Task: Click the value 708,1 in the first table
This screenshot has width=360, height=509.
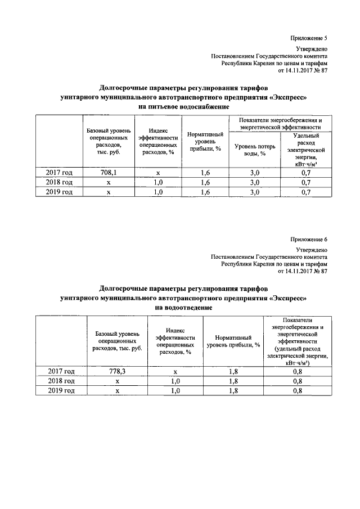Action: [x=110, y=173]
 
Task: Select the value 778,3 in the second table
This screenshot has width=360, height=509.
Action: [x=118, y=372]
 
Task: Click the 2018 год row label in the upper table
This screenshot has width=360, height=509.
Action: [x=59, y=183]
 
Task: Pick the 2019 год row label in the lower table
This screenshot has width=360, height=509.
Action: [x=61, y=391]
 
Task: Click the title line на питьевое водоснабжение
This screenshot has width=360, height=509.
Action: [x=183, y=106]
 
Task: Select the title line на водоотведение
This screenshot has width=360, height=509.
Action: [x=183, y=308]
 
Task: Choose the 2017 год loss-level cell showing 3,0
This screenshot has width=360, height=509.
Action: [x=254, y=173]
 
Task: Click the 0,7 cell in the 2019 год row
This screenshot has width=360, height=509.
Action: [x=307, y=192]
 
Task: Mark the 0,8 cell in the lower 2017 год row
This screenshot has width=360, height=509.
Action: [x=298, y=372]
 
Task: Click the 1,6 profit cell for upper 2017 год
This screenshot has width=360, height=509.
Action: [x=205, y=173]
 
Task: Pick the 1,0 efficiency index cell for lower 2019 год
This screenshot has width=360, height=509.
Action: [x=175, y=391]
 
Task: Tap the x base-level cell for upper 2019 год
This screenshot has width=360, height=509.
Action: [x=110, y=192]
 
